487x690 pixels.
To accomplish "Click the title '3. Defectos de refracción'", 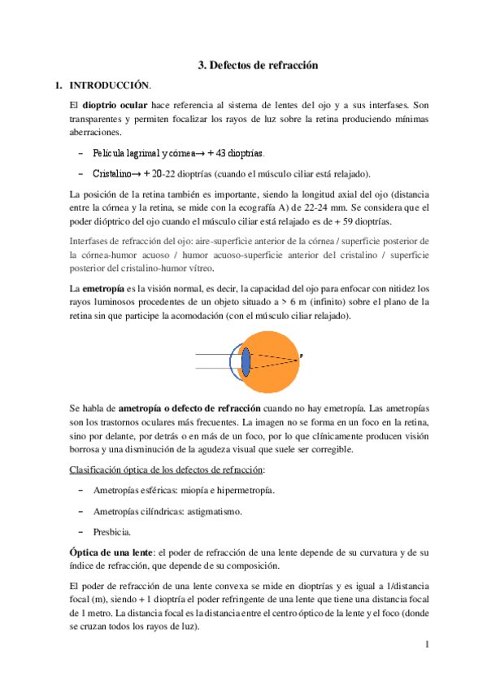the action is (258, 64).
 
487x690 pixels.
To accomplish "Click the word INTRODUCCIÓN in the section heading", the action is (110, 85).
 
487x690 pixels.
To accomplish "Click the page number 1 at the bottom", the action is (426, 645).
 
